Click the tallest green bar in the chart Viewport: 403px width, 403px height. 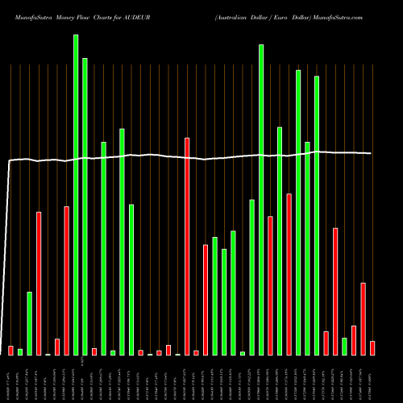point(76,194)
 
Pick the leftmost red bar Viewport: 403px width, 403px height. point(10,350)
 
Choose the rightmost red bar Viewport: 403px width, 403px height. point(372,347)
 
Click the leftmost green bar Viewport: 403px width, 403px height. point(20,351)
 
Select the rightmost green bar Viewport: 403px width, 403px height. point(344,346)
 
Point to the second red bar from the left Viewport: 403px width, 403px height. point(39,283)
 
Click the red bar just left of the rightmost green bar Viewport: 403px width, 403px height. point(335,291)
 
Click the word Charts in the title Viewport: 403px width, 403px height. point(107,16)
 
